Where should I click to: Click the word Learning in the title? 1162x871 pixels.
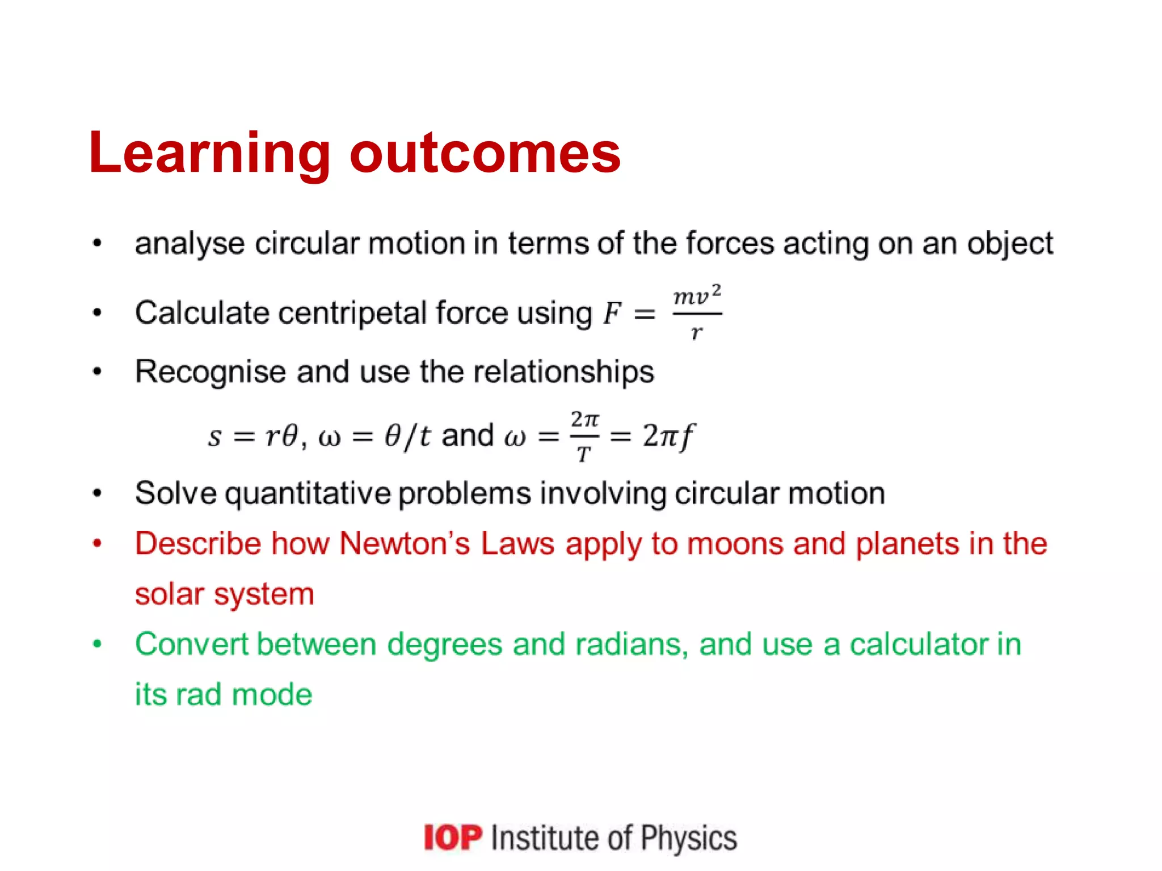[209, 153]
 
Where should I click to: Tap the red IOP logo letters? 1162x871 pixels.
[453, 838]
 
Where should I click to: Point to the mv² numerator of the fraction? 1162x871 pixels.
[697, 295]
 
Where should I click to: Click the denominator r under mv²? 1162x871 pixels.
[696, 332]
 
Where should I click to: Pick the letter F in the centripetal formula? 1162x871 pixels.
[612, 314]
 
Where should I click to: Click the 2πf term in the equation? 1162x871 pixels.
[668, 436]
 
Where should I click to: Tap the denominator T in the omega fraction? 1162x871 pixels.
[584, 454]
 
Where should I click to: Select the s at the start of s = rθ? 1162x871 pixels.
[214, 437]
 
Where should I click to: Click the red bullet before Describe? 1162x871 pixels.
[98, 543]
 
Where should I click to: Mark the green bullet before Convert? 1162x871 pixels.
[98, 644]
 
